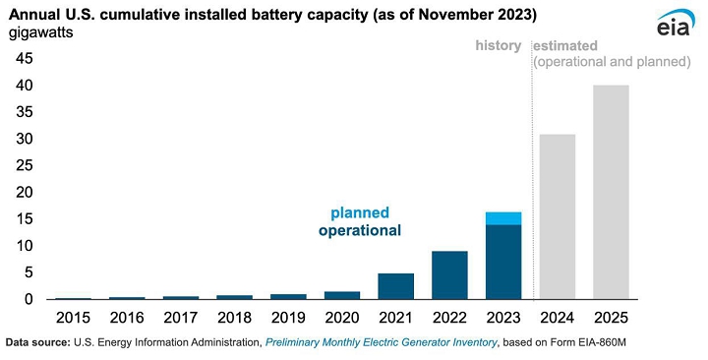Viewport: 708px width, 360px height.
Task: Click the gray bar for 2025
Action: [x=611, y=192]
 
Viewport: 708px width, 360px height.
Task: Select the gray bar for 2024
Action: [x=558, y=216]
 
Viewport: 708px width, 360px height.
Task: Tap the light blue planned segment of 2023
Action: [x=503, y=218]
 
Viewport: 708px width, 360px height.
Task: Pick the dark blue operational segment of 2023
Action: [x=503, y=262]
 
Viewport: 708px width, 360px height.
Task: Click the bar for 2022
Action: [x=449, y=275]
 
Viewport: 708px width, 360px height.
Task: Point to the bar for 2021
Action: [x=396, y=286]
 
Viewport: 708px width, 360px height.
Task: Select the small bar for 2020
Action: [x=342, y=295]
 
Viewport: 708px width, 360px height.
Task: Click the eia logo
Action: [x=674, y=23]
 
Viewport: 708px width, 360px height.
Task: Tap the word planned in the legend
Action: [x=360, y=212]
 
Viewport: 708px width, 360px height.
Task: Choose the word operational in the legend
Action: [x=360, y=230]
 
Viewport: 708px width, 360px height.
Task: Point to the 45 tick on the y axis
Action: [x=25, y=58]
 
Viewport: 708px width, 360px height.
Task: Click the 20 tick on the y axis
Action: [x=25, y=193]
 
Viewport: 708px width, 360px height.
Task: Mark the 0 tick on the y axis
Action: [x=29, y=299]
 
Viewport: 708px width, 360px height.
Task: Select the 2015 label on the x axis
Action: [x=73, y=318]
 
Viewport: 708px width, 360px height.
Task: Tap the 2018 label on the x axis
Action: [x=234, y=318]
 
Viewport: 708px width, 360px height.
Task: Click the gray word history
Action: [x=498, y=45]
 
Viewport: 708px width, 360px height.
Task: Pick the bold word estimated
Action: [x=565, y=45]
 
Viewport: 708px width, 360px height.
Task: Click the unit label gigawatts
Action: [x=40, y=33]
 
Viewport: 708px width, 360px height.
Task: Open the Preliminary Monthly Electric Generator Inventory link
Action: [x=382, y=342]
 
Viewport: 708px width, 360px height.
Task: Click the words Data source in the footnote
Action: [x=37, y=342]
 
